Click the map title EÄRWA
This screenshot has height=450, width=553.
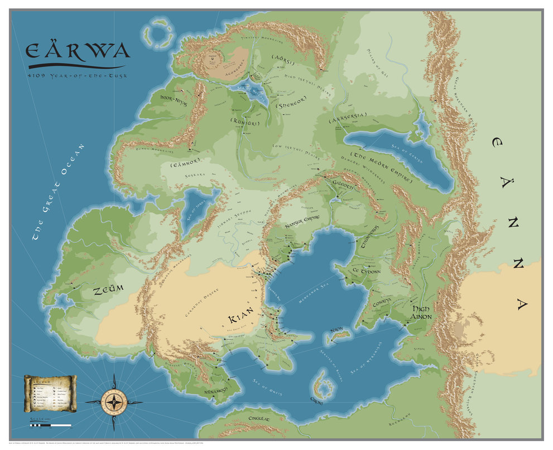78,51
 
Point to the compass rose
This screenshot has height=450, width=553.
114,401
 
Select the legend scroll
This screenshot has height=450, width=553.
50,394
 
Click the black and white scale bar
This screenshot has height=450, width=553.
50,425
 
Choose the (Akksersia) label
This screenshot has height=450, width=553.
348,118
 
